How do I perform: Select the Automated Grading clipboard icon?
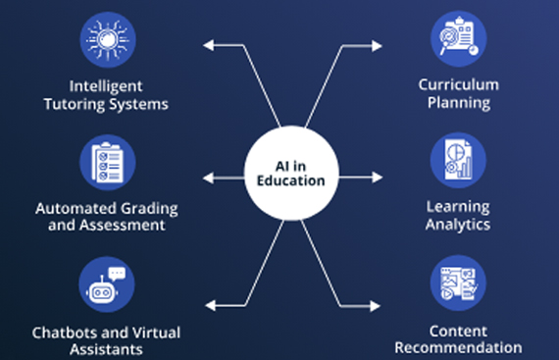point(105,162)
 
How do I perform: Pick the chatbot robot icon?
point(105,285)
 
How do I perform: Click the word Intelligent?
point(105,86)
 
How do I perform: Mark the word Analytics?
point(458,225)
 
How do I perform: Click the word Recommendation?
point(458,347)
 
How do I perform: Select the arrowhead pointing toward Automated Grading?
point(205,179)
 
